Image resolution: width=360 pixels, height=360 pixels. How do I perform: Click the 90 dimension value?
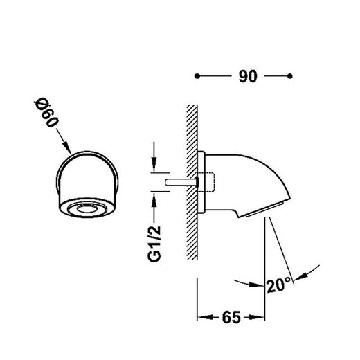pos(248,76)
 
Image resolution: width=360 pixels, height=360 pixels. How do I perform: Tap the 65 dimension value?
pos(231,317)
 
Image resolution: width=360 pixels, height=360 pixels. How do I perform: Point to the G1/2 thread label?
pos(154,244)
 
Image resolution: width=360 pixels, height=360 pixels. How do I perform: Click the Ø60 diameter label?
pos(46,112)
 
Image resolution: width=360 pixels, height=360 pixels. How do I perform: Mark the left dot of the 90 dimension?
pos(197,76)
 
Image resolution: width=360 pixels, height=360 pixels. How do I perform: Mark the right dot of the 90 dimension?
pos(290,76)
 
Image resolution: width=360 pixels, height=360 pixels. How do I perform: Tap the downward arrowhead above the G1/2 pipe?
pos(154,164)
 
